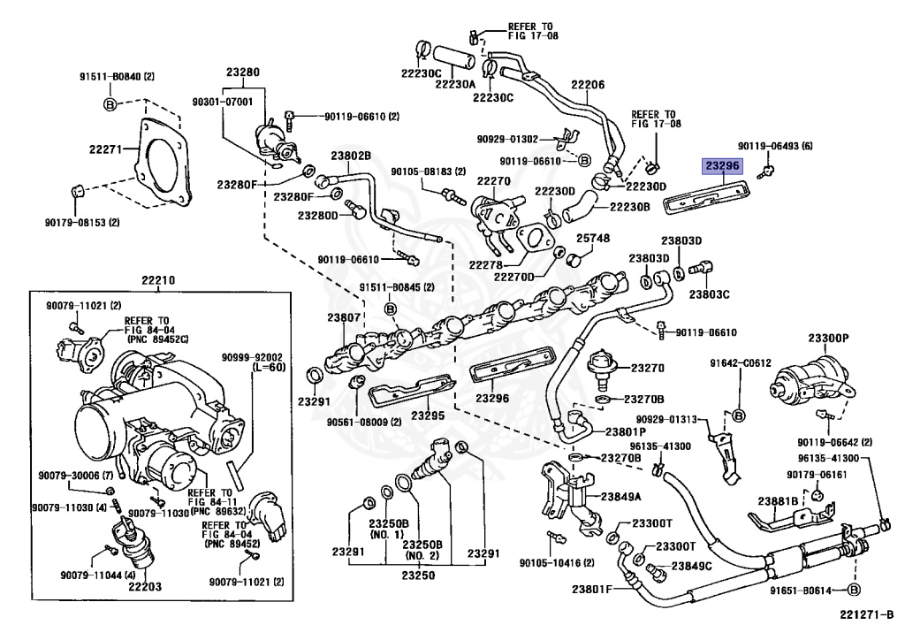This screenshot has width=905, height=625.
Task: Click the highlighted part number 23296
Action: tap(722, 167)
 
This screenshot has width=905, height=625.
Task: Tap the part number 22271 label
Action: tap(106, 149)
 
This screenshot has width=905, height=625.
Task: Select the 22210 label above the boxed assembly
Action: tap(159, 281)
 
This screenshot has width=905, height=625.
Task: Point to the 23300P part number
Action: tap(828, 339)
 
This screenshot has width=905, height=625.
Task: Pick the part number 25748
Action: tap(593, 239)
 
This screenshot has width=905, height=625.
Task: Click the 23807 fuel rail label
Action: tap(344, 317)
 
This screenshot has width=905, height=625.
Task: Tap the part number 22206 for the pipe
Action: tap(588, 85)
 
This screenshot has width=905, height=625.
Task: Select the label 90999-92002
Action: tap(252, 358)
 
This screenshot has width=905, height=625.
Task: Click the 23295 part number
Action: tap(428, 415)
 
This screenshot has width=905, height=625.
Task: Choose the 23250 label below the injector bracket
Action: tap(418, 575)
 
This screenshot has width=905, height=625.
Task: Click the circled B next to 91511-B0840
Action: tap(110, 104)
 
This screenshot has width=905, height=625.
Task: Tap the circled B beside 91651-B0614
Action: tap(854, 590)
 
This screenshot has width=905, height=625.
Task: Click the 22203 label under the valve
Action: tap(145, 587)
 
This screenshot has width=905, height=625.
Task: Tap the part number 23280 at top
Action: tap(242, 72)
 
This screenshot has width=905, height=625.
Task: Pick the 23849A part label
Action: tap(621, 496)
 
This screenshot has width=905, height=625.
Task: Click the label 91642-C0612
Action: tap(741, 363)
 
